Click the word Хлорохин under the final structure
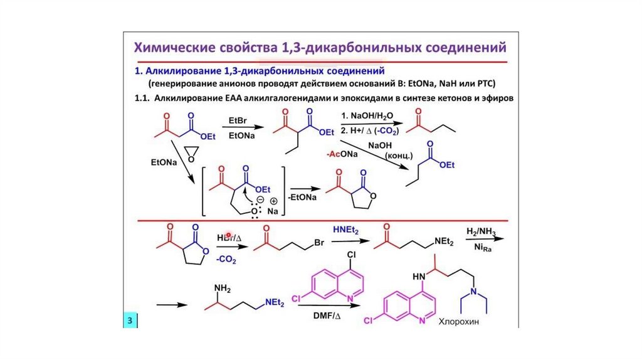(463, 320)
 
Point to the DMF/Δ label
(325, 315)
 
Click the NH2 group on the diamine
(223, 288)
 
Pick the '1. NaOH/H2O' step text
(367, 117)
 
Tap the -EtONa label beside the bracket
(302, 198)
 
